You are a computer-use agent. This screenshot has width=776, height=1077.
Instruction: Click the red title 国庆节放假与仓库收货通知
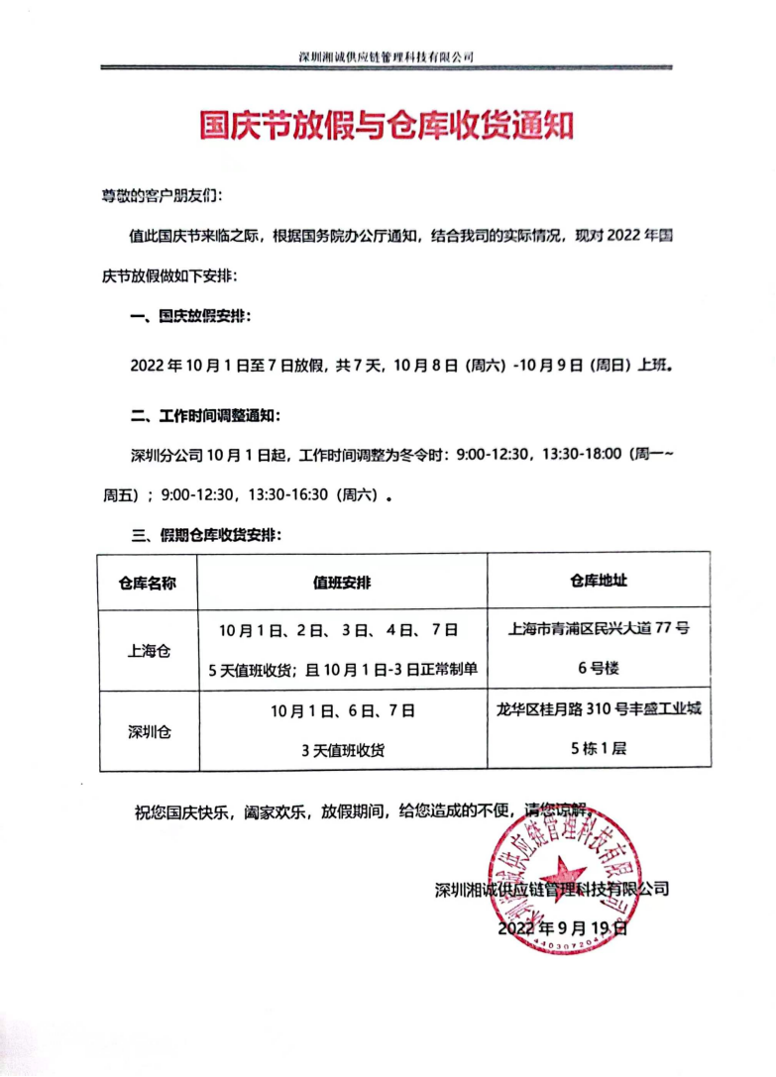click(x=388, y=127)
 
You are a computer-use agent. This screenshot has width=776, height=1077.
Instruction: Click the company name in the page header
click(x=387, y=56)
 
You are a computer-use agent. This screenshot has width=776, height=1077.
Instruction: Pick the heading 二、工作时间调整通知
click(x=206, y=412)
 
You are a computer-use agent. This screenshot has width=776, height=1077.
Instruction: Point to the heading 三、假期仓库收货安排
click(x=206, y=535)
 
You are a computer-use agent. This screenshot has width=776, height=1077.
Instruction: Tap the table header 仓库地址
click(x=599, y=582)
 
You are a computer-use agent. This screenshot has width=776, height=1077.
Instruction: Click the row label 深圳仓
click(x=149, y=733)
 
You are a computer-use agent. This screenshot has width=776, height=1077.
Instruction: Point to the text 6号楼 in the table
click(x=599, y=669)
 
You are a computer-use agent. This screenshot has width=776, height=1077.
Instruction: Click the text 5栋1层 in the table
click(x=599, y=750)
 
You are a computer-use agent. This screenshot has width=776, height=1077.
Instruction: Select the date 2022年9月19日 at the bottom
click(x=562, y=929)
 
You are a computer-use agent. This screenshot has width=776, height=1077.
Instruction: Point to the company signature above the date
click(x=552, y=889)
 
